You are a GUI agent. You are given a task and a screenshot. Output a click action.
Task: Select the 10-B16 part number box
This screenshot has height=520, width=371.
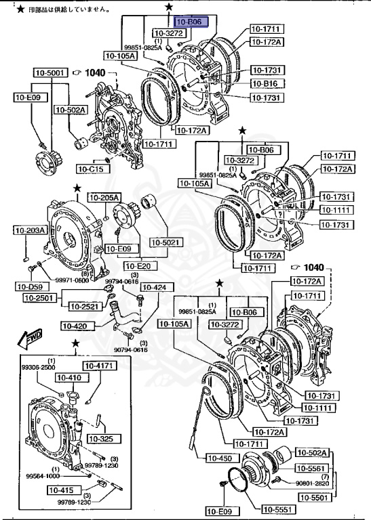pos(266,83)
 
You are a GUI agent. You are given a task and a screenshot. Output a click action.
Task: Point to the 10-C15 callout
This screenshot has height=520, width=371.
pos(91,169)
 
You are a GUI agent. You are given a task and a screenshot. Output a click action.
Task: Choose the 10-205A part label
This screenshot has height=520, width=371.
pos(105,197)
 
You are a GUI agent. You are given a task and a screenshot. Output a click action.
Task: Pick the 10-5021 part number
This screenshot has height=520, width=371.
pos(165,242)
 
